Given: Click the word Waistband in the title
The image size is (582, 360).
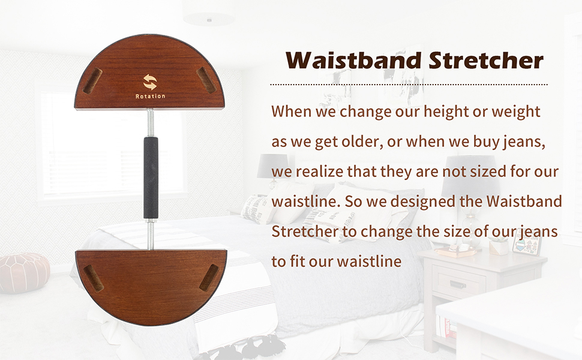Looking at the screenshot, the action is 354,60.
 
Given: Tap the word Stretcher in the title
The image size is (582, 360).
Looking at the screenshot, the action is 486,60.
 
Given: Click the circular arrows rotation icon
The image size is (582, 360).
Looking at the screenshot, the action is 150,82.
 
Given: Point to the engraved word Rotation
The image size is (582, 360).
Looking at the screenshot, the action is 150,96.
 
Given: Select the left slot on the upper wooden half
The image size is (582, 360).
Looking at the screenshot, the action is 92,80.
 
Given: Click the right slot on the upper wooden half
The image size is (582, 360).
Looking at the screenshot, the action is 205,80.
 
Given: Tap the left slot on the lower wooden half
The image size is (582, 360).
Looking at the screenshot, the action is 93,278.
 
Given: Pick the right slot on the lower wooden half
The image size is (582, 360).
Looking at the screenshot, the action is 209,277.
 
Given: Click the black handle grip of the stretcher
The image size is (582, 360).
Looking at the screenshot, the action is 151,179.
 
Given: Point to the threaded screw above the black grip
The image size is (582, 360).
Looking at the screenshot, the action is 151,123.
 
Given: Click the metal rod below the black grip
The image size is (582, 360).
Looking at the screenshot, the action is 151,235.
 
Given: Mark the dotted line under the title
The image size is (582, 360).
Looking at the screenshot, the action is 409,85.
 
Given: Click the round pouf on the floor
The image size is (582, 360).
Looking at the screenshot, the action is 24,273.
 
